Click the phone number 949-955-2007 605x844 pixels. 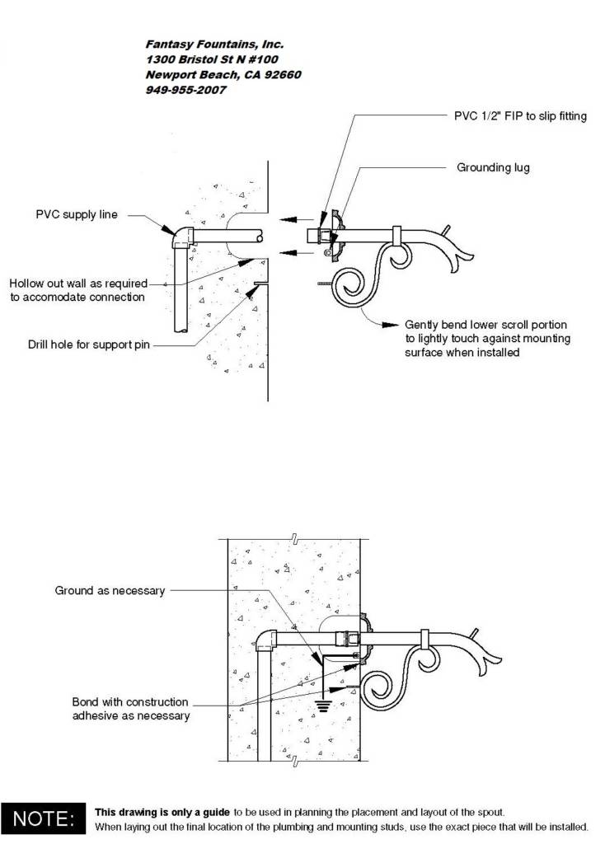(185, 90)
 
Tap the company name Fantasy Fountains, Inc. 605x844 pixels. (214, 45)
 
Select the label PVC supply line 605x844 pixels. (77, 215)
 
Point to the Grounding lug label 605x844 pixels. (493, 167)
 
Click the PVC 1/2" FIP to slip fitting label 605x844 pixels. (520, 116)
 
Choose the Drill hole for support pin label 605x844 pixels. (89, 345)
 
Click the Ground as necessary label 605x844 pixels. (110, 591)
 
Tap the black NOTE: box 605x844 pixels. (43, 818)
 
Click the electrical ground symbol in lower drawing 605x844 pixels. (322, 706)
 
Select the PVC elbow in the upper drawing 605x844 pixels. (182, 237)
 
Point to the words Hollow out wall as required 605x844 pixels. (78, 284)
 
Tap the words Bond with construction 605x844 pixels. (130, 702)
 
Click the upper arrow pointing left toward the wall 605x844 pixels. (296, 219)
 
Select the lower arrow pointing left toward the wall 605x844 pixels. (296, 253)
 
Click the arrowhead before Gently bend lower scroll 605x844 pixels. (390, 325)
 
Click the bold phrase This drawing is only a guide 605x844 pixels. (162, 812)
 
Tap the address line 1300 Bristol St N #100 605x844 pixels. (212, 59)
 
